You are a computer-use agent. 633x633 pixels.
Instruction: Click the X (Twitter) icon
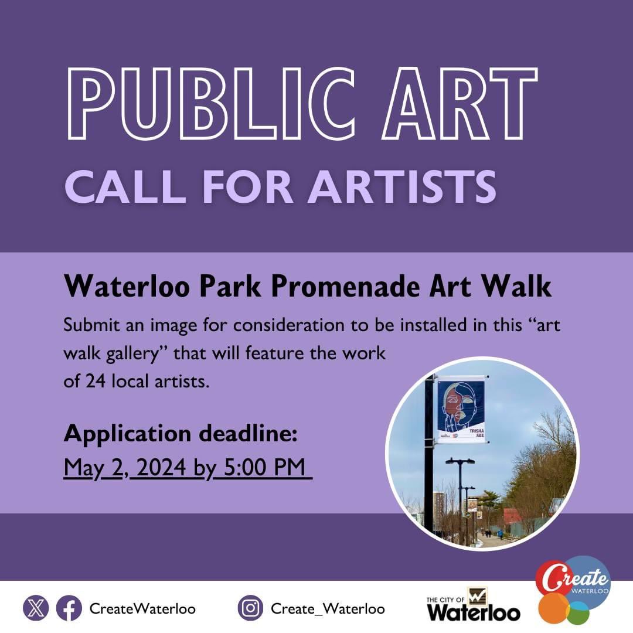pos(36,608)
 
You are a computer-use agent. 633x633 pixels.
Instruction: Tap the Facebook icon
pos(69,608)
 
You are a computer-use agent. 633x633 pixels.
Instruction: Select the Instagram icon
pos(251,608)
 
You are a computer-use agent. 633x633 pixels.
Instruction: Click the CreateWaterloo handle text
pos(142,609)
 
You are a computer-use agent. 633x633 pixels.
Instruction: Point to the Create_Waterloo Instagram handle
pos(328,609)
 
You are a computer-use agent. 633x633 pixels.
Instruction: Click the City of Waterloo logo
pos(473,605)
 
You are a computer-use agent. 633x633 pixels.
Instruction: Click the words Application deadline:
pos(181,434)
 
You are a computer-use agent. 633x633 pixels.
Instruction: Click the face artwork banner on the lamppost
pos(461,405)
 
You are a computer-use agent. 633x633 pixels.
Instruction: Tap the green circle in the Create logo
pos(578,612)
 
